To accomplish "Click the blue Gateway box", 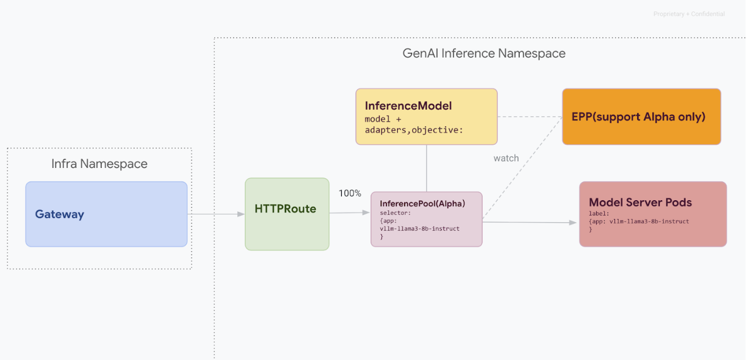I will [106, 214].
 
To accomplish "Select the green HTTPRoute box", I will [287, 214].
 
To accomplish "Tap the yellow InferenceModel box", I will [426, 116].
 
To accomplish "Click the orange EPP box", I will [641, 117].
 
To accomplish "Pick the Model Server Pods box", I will [652, 214].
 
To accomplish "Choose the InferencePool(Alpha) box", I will [426, 219].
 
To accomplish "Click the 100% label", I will [350, 193].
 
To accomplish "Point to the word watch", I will [506, 158].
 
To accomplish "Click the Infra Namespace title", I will [99, 164].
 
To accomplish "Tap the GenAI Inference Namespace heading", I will [484, 53].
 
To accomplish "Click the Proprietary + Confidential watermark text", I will [689, 14].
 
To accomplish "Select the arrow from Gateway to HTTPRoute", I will [216, 214].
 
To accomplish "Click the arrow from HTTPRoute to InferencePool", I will [350, 213].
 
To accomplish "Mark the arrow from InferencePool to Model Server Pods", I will [530, 222].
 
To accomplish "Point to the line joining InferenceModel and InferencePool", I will [427, 168].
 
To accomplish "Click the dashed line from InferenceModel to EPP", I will [530, 116].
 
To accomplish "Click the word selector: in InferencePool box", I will [395, 213].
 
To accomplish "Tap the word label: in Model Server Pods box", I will [599, 214].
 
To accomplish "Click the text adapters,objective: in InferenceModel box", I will [413, 130].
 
